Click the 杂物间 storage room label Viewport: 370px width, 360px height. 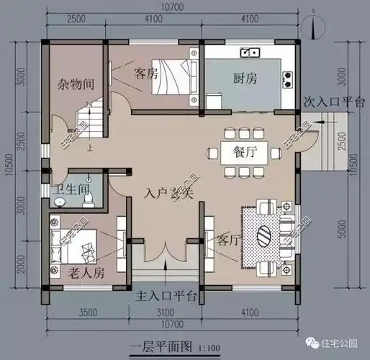pyautogui.click(x=76, y=84)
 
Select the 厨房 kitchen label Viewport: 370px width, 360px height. pyautogui.click(x=246, y=78)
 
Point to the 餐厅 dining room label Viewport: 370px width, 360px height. pyautogui.click(x=245, y=152)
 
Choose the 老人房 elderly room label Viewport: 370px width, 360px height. pyautogui.click(x=87, y=273)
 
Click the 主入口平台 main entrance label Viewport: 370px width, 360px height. pyautogui.click(x=166, y=296)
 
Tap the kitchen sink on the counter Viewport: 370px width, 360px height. pyautogui.click(x=251, y=52)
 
